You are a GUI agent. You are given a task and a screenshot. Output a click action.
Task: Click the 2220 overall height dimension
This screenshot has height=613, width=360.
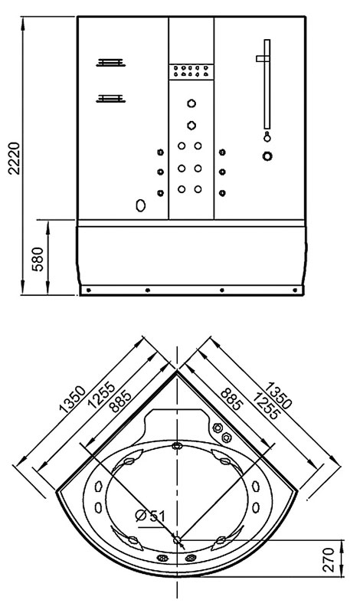coord(15,158)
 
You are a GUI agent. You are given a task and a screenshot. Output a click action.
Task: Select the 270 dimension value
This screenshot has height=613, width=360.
coord(329,560)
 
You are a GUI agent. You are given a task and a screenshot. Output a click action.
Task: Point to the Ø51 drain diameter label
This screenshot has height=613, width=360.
coord(151,516)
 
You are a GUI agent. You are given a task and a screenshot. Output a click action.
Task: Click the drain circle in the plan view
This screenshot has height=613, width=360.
coord(178,540)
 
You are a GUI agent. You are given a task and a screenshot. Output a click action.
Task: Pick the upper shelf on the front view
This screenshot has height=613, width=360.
coord(111,63)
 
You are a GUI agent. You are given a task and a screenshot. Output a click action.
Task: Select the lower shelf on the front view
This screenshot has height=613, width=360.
coord(111,99)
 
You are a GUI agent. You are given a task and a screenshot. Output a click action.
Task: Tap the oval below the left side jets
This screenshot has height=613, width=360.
coord(141,205)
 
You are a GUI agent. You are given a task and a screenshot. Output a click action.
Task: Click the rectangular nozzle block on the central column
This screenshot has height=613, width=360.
coord(191,71)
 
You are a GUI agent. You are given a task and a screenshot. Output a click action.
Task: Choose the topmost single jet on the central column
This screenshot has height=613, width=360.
coord(191,103)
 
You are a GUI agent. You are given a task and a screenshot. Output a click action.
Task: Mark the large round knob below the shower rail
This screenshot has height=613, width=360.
coord(267,156)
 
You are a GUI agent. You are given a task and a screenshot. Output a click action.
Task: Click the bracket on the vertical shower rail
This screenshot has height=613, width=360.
coord(263,59)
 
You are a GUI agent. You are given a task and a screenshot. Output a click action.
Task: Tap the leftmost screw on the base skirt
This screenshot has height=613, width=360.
coord(89,290)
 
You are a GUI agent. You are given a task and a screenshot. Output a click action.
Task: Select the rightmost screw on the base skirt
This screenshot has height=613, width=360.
coord(295,290)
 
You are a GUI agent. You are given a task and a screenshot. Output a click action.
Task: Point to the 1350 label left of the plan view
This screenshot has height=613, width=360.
coord(72,399)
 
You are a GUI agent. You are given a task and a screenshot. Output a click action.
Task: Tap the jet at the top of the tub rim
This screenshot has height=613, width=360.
coord(178,445)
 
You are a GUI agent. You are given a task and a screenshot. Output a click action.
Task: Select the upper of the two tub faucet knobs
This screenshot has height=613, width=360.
coord(218,428)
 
